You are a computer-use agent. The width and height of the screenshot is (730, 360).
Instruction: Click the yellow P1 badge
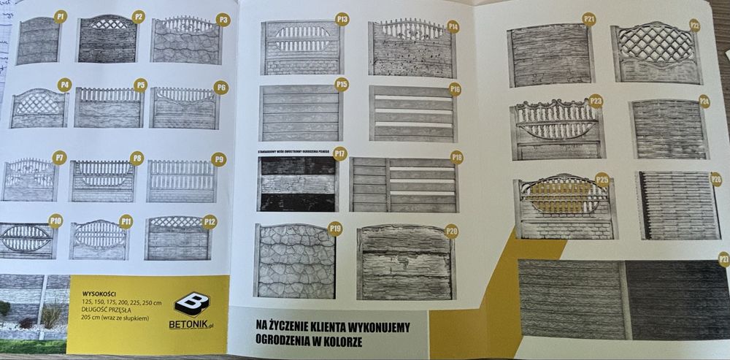(61, 15)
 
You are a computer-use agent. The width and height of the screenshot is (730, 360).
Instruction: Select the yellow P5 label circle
(140, 85)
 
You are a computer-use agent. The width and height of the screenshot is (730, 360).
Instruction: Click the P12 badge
(210, 221)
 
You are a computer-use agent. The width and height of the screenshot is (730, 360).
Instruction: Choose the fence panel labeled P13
(301, 47)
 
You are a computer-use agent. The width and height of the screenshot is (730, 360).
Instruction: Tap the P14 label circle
(453, 26)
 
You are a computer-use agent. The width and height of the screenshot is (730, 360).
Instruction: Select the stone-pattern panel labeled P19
(294, 261)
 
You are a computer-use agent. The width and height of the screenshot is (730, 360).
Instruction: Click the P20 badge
(451, 231)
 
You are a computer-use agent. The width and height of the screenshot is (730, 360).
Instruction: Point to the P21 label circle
(589, 19)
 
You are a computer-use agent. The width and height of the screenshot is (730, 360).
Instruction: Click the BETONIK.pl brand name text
(193, 326)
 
